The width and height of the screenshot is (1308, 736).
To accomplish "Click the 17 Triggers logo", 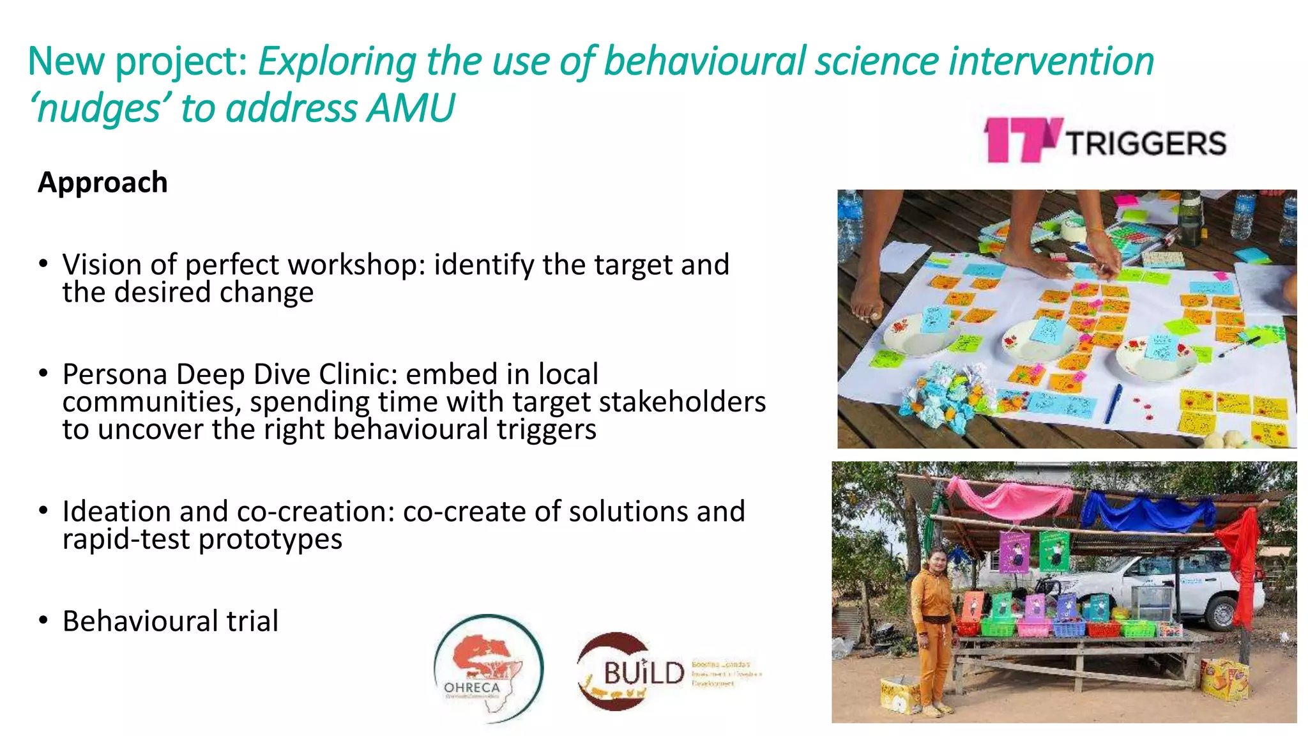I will pos(1105,140).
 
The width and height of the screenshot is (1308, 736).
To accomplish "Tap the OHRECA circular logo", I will pos(489,668).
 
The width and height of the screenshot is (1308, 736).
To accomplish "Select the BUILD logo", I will pos(632,671).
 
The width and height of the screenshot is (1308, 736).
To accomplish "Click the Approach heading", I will pos(103,183).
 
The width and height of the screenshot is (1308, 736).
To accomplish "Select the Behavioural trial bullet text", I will pos(171,621).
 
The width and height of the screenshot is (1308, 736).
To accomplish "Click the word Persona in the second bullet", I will pos(115,374).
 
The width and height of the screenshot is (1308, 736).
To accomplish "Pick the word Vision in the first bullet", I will pos(102,264).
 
